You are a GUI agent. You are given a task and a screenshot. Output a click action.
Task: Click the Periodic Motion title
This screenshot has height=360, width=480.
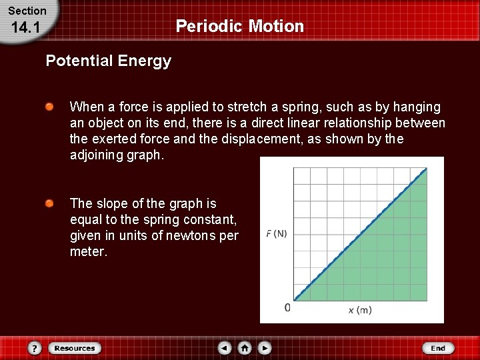tap(239, 26)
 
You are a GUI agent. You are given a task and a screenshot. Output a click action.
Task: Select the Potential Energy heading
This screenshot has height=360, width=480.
tap(108, 61)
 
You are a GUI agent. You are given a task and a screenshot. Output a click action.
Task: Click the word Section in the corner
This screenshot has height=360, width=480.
tap(27, 11)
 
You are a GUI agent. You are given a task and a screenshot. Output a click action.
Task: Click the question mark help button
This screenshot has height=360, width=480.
tap(35, 348)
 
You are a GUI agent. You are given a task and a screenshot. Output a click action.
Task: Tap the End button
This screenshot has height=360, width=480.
tap(437, 348)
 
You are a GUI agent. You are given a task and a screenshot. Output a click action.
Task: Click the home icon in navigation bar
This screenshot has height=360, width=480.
tap(245, 348)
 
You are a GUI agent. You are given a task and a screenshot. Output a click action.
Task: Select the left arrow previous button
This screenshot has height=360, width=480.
tap(225, 348)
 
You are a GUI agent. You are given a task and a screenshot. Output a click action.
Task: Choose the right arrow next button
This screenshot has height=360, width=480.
tap(265, 348)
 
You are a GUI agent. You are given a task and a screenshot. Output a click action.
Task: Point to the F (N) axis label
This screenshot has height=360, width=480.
tap(276, 233)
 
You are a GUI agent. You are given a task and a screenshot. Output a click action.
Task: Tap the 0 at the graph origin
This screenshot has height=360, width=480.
tap(287, 307)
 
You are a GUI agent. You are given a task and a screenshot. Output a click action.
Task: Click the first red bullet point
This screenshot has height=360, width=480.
tap(50, 107)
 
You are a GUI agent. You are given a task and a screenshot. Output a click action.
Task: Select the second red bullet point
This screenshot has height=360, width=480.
tap(50, 203)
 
